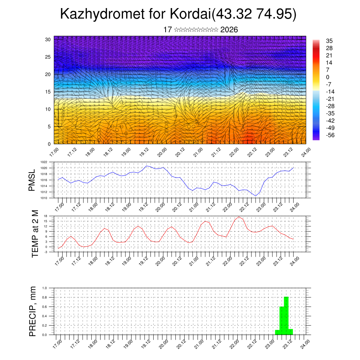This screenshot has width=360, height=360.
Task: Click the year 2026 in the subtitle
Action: click(x=229, y=30)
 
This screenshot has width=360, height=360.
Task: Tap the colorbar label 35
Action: click(x=329, y=41)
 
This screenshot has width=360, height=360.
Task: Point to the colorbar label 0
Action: click(x=328, y=77)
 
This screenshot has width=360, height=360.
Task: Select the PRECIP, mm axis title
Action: click(x=33, y=311)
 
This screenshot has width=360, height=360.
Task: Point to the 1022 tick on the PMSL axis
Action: click(x=44, y=162)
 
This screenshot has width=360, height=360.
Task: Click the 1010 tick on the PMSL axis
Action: click(x=44, y=198)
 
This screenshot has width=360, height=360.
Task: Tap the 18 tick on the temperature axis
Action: click(x=46, y=216)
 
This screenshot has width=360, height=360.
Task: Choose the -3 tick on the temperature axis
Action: click(x=46, y=252)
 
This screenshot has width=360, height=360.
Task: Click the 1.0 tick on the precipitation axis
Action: click(x=45, y=288)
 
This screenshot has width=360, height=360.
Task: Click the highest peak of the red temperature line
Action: click(x=239, y=217)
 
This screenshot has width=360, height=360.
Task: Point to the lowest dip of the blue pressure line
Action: click(x=256, y=196)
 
